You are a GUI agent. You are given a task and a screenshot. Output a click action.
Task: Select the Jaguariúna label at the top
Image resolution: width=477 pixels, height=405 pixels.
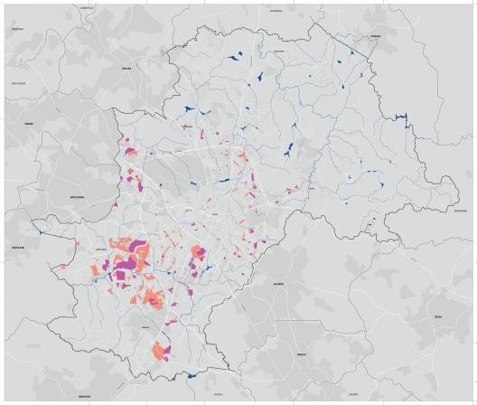click(276, 11)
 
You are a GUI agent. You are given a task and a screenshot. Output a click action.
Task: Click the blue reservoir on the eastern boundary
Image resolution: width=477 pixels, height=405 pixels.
click(403, 118)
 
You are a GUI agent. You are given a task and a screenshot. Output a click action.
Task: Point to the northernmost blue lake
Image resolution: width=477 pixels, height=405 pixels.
click(237, 58)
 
